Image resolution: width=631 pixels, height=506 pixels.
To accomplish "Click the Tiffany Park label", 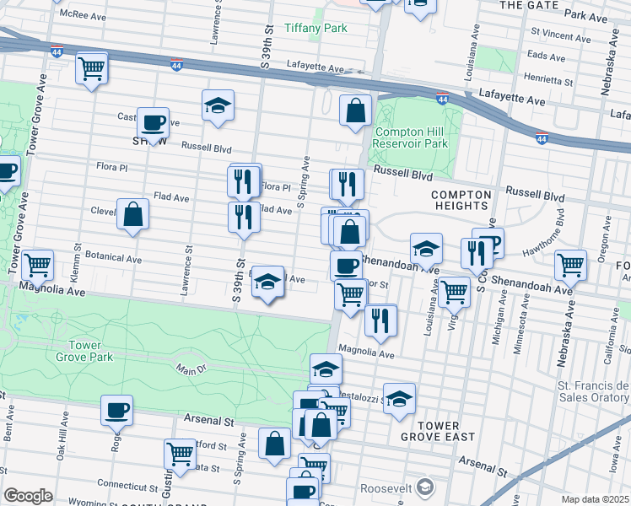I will click(x=315, y=28).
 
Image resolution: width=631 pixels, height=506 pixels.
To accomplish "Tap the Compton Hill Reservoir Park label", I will click(x=411, y=138).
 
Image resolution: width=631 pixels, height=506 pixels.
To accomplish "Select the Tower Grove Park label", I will click(x=90, y=351).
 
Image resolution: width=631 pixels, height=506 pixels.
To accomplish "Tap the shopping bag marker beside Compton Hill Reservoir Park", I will click(x=356, y=110).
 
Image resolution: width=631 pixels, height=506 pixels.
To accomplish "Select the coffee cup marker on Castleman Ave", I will click(x=153, y=123).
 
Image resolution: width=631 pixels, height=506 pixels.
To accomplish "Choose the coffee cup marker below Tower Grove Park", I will click(x=116, y=411).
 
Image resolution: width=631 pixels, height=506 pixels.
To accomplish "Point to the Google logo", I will click(x=27, y=496).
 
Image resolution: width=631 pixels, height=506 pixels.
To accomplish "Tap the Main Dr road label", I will click(x=191, y=368).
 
